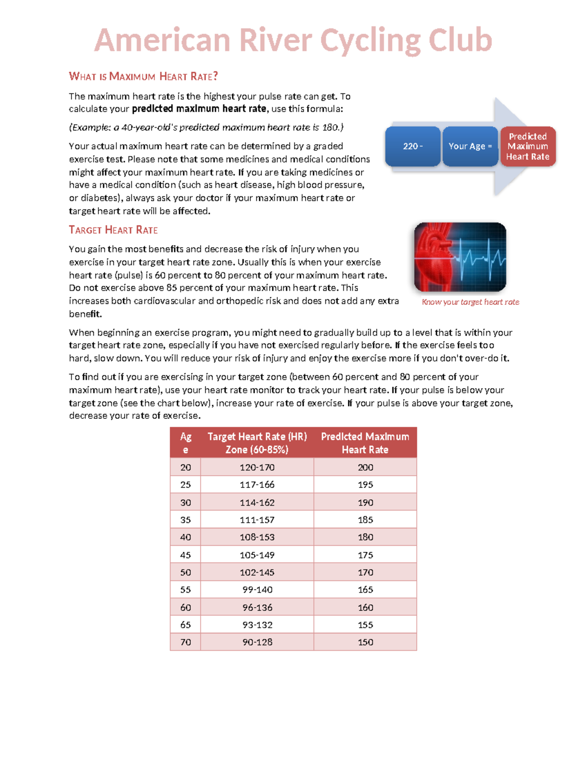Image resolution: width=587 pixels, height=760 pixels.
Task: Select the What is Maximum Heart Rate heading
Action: [x=143, y=76]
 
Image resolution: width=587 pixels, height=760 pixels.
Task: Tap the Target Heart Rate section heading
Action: [x=113, y=230]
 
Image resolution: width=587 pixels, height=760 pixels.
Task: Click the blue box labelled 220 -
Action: [x=412, y=146]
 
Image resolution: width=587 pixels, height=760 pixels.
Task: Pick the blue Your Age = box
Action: [x=470, y=146]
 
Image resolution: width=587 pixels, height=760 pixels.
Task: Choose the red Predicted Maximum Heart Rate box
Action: [x=527, y=146]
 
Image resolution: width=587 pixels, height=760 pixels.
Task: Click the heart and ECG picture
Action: [x=460, y=257]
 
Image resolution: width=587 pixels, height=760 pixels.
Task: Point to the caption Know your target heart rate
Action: [x=470, y=302]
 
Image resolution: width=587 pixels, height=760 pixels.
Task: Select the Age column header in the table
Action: [x=185, y=443]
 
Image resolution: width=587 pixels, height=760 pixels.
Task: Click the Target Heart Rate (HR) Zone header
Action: [x=257, y=443]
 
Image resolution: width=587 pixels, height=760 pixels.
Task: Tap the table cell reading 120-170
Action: [x=257, y=467]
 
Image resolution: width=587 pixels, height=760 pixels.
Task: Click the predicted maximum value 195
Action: [x=365, y=484]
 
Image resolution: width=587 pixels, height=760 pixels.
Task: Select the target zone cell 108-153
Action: [x=257, y=537]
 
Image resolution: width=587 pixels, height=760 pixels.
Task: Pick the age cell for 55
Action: [x=185, y=590]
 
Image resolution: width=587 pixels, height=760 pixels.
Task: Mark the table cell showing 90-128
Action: [x=257, y=642]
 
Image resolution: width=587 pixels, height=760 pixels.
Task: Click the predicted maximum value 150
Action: [x=365, y=642]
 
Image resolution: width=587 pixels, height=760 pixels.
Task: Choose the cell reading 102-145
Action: [x=257, y=572]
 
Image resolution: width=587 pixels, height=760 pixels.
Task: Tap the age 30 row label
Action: [x=185, y=503]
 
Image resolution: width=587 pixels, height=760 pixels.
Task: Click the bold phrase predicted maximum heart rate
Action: [x=199, y=109]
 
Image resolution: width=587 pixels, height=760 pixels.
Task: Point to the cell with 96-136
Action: [x=257, y=607]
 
